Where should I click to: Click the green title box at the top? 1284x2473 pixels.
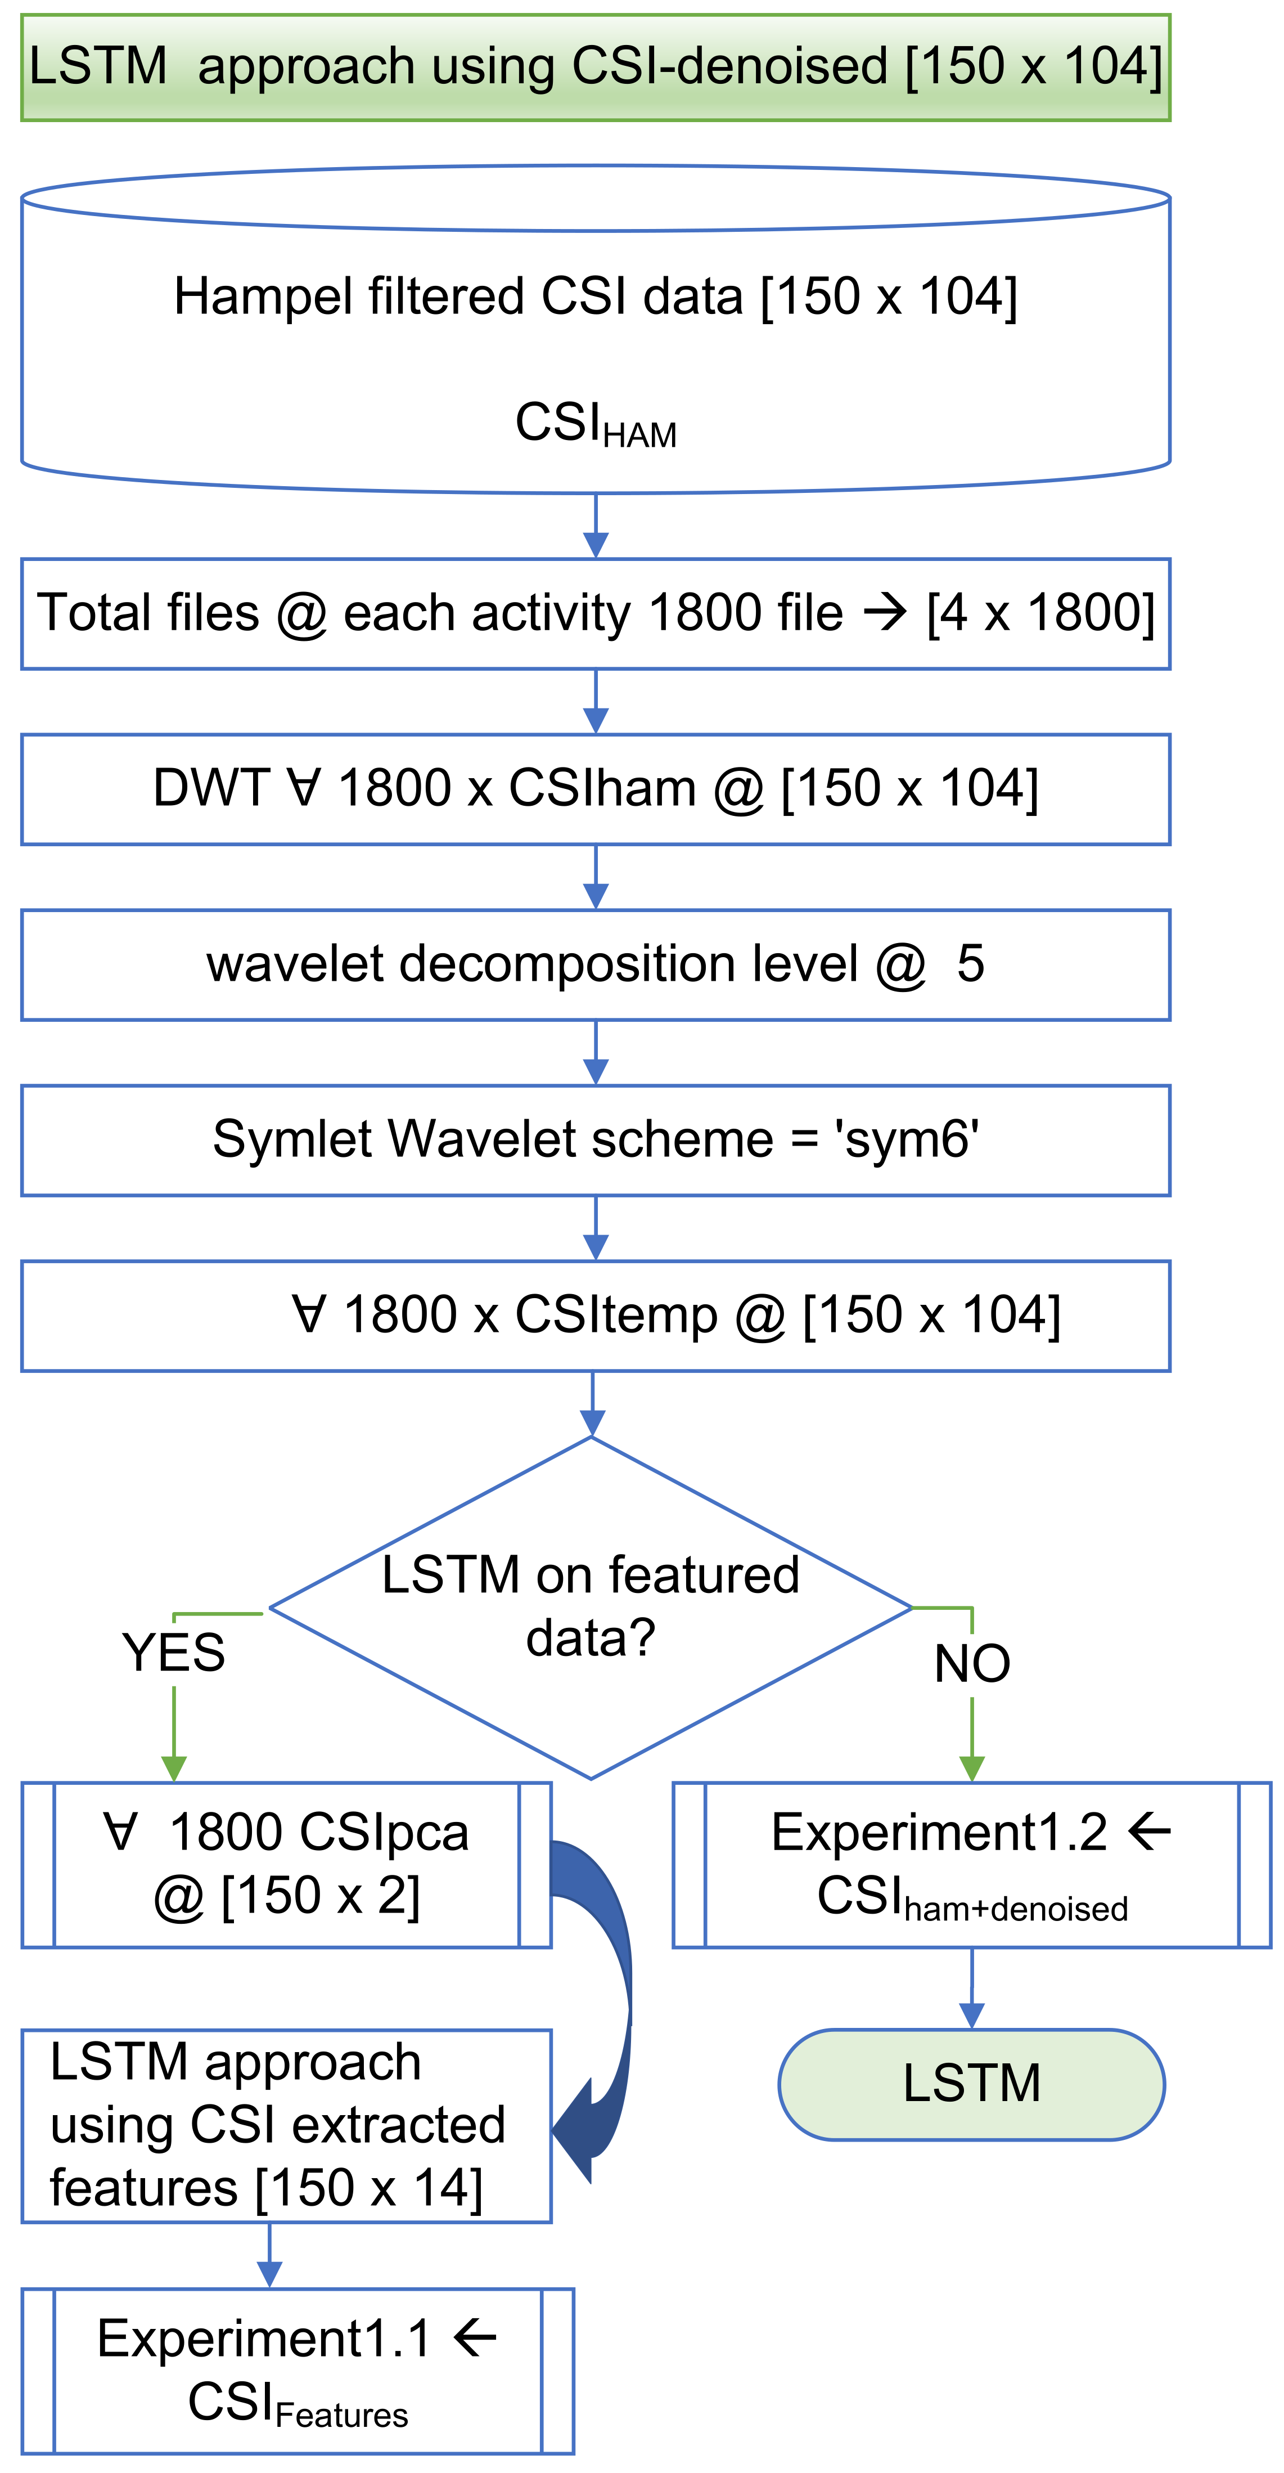coord(595,67)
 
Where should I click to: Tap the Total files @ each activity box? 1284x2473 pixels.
coord(595,613)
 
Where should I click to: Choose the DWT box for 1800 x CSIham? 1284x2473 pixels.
coord(595,789)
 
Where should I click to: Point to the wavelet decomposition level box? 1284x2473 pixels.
coord(595,965)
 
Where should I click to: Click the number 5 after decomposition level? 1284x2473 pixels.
coord(970,964)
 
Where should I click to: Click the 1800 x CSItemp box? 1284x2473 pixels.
coord(595,1315)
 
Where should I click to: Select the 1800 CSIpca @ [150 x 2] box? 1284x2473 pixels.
coord(286,1864)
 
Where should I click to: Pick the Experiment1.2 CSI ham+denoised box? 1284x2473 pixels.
coord(971,1864)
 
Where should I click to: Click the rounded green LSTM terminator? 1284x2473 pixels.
coord(971,2084)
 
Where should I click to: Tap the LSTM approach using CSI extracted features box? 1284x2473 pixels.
coord(286,2125)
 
